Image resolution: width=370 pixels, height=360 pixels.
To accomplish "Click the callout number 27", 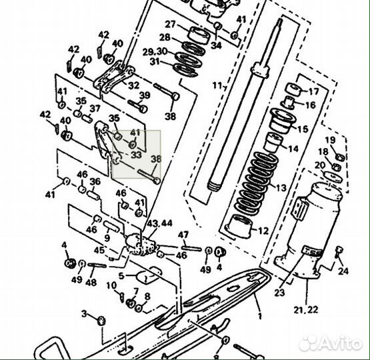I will [170, 25].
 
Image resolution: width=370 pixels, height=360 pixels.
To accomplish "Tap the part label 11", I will [215, 85].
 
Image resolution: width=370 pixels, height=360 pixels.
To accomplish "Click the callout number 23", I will [278, 291].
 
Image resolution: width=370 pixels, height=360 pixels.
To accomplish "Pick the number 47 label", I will [183, 235].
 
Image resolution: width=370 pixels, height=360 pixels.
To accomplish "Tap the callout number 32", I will [134, 85].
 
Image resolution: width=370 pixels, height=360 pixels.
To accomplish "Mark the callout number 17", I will [314, 91].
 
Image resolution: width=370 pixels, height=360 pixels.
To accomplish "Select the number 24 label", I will [343, 271].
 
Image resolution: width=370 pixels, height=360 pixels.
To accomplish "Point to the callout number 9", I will [107, 238].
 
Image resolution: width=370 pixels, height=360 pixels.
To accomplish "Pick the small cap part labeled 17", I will [291, 91].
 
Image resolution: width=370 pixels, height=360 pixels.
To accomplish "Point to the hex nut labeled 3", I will [101, 321].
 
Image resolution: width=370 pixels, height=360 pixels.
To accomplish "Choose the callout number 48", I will [91, 282].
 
